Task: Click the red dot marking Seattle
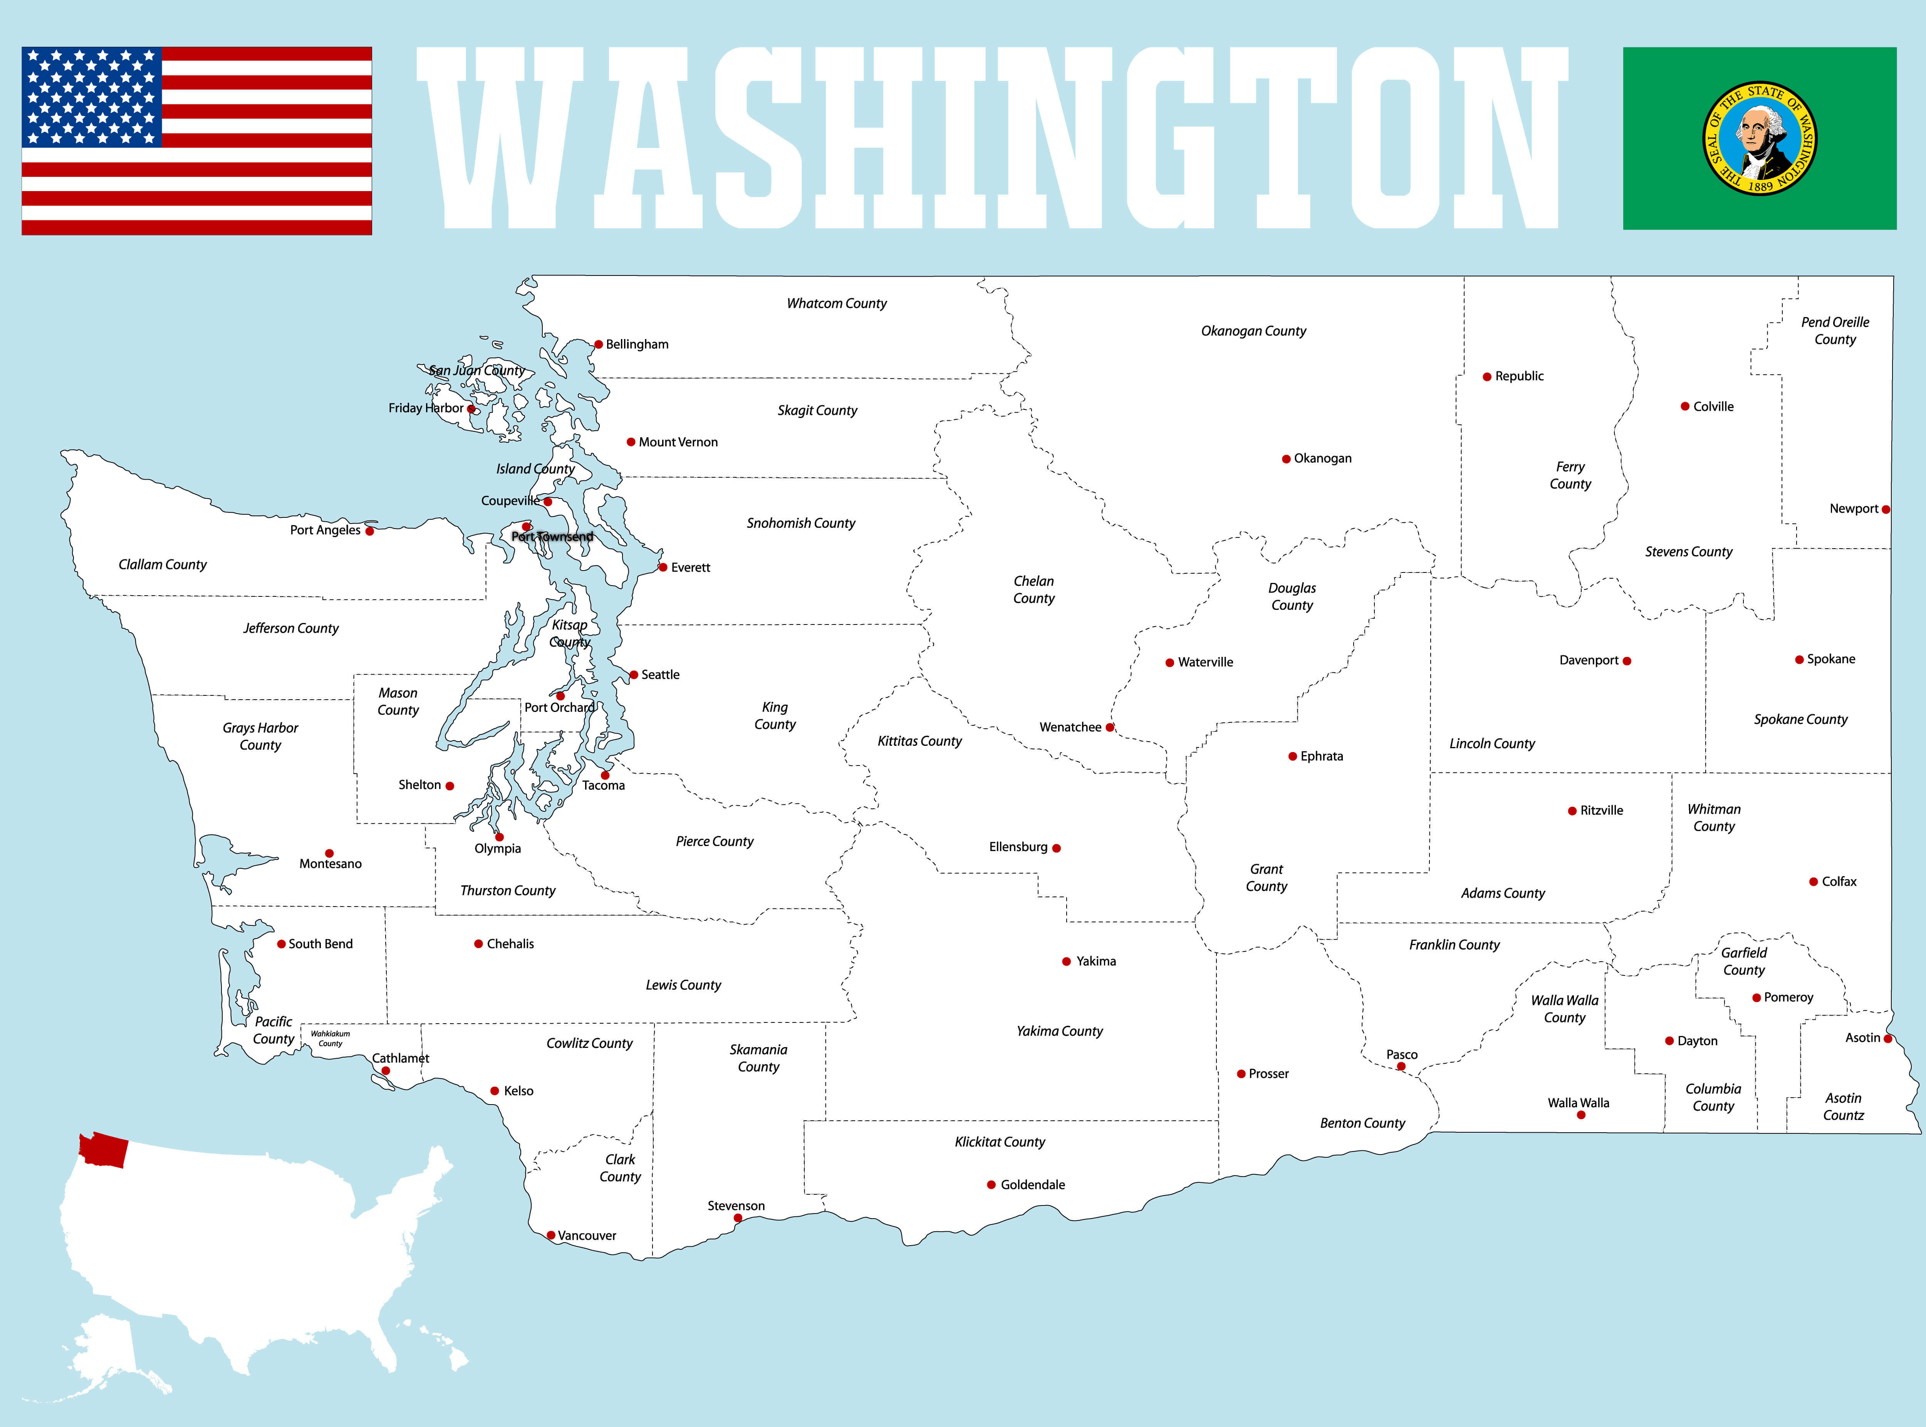point(634,675)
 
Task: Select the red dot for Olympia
point(499,837)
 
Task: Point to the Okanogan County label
point(1253,331)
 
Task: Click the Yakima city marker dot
point(1067,961)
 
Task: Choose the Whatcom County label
point(836,303)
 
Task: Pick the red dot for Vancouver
point(551,1235)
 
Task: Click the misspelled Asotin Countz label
point(1843,1106)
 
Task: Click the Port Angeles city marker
point(370,531)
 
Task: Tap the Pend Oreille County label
point(1834,331)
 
